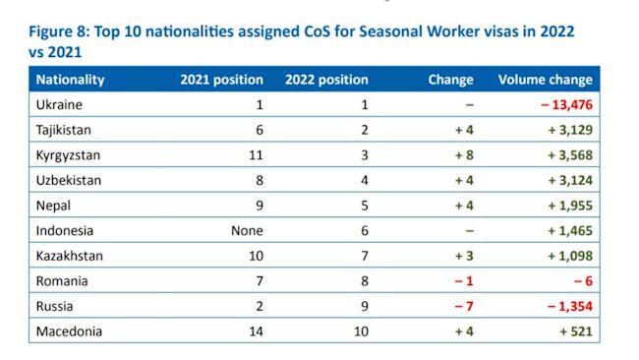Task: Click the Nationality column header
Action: tap(70, 80)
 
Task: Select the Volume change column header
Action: tap(545, 80)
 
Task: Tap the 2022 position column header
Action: tap(326, 80)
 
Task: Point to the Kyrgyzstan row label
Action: tap(68, 155)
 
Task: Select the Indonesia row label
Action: tap(65, 231)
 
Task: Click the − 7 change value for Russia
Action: tap(462, 307)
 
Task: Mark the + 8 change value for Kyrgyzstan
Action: tap(461, 155)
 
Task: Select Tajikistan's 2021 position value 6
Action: tap(260, 130)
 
